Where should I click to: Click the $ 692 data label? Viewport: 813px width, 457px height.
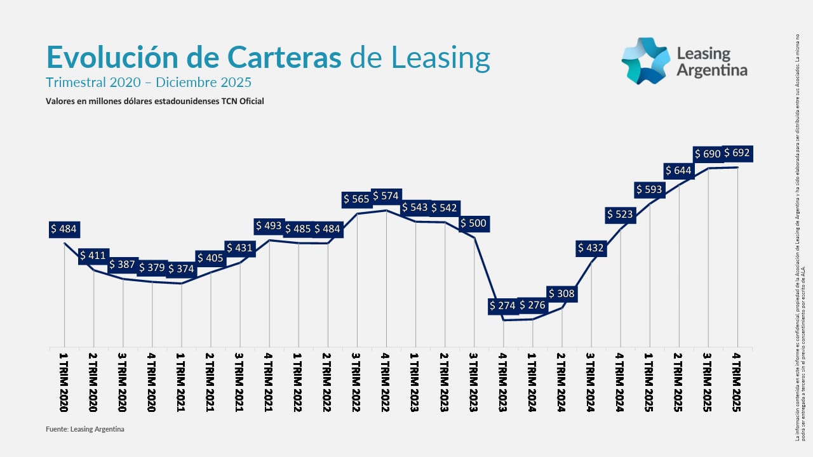point(737,153)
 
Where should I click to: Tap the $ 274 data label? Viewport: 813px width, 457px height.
point(502,305)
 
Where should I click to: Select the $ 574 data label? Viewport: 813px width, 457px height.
point(386,196)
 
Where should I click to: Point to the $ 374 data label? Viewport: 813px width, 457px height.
point(181,268)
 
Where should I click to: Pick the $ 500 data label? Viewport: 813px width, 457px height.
point(473,223)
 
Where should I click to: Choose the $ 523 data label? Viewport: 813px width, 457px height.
point(620,215)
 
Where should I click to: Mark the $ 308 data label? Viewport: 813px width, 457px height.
point(561,293)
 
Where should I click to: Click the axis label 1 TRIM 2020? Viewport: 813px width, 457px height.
point(64,382)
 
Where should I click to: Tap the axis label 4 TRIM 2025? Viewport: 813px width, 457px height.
point(737,382)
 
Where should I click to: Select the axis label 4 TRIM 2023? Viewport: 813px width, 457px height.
point(502,382)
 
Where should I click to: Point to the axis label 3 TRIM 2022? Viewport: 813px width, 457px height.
point(356,382)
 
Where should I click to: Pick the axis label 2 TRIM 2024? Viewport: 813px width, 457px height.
point(561,382)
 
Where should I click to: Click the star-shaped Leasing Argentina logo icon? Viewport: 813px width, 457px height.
point(645,61)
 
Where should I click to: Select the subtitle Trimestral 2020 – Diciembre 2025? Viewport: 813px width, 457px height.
point(149,83)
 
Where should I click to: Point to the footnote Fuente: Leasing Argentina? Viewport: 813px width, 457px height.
point(85,429)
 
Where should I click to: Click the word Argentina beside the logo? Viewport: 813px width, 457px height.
point(711,70)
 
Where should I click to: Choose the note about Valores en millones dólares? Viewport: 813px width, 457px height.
point(154,101)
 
